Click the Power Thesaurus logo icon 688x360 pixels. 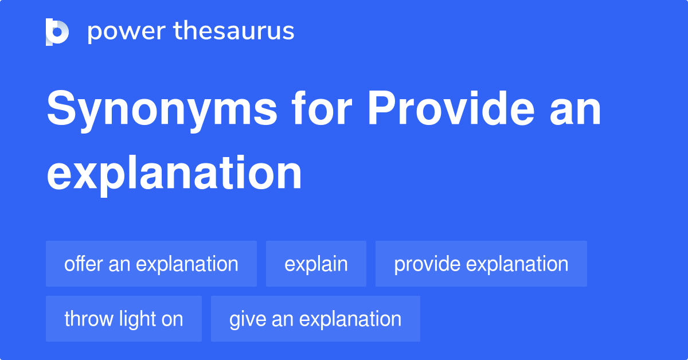click(57, 32)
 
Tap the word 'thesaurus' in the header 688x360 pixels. click(234, 32)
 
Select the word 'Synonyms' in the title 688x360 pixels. click(162, 111)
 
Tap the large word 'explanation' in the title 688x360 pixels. click(174, 173)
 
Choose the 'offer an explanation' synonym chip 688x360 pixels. click(151, 264)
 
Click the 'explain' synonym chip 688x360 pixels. click(316, 264)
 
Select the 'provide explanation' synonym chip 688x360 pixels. click(481, 264)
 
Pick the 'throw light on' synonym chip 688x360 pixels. click(124, 319)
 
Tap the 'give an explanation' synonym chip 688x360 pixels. click(315, 319)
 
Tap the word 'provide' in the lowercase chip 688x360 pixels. click(427, 264)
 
